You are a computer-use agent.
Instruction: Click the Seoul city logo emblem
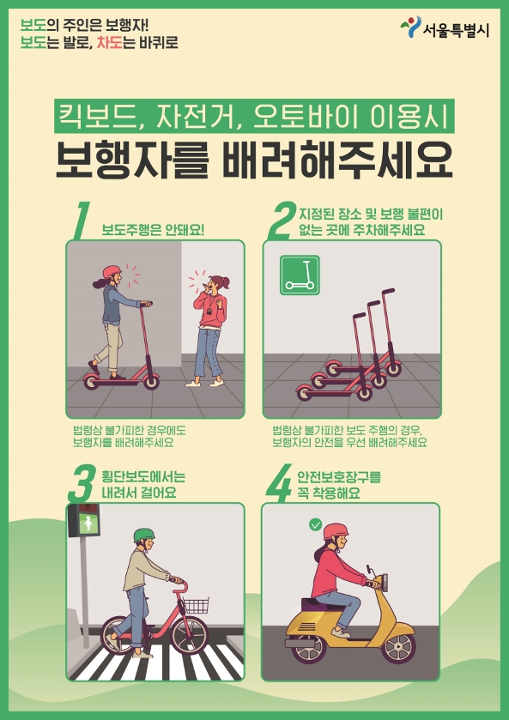[x=410, y=27]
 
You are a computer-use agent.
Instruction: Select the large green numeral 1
[x=82, y=221]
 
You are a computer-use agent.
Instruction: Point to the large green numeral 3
[x=82, y=484]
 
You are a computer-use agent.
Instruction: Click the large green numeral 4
[x=279, y=483]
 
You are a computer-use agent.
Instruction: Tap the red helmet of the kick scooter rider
[x=112, y=272]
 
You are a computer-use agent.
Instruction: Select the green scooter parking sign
[x=300, y=275]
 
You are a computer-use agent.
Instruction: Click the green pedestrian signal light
[x=88, y=524]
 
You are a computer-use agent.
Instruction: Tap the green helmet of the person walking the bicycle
[x=144, y=535]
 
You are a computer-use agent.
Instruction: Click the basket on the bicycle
[x=196, y=606]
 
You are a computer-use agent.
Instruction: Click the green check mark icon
[x=315, y=525]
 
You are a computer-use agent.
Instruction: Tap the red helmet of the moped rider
[x=336, y=531]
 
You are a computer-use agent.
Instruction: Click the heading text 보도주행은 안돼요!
[x=153, y=230]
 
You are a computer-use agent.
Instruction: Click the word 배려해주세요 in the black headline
[x=337, y=160]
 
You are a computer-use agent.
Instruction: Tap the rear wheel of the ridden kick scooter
[x=91, y=381]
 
